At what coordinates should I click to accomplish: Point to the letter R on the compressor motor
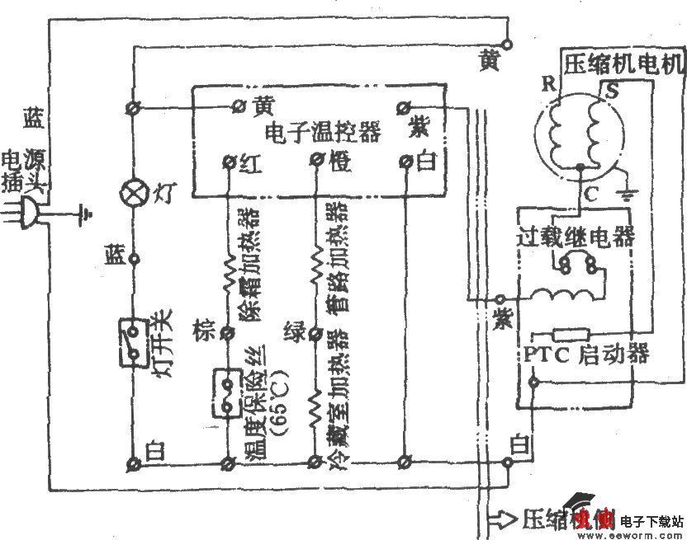548,83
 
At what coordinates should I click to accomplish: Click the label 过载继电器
576,237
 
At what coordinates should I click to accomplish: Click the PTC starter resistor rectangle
570,334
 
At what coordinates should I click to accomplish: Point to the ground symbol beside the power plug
84,216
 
